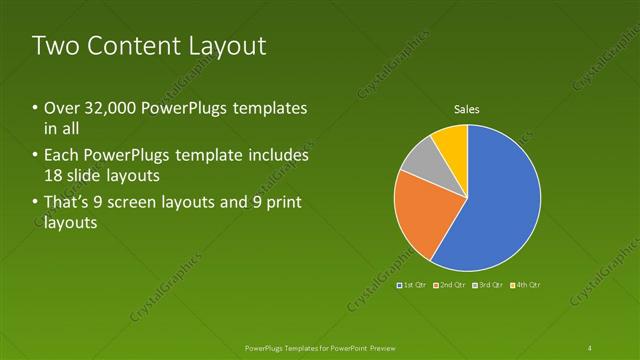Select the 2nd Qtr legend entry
click(450, 285)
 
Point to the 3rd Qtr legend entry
click(489, 285)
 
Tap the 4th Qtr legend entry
click(526, 285)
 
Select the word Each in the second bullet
click(62, 156)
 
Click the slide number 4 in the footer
click(589, 347)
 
